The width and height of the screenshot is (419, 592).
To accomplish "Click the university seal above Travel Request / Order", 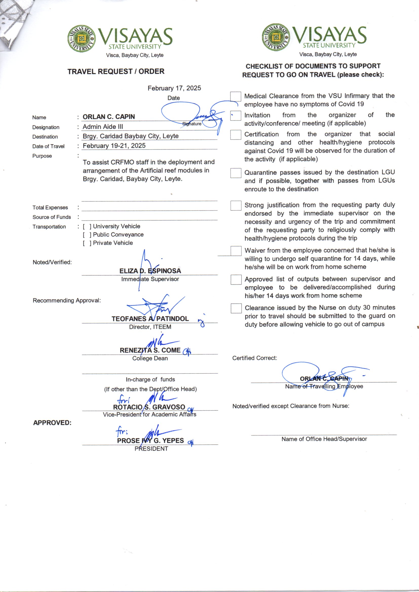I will click(x=81, y=38).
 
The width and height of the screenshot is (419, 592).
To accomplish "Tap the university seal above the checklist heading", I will click(x=276, y=37).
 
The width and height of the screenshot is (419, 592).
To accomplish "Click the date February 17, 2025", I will click(x=174, y=88).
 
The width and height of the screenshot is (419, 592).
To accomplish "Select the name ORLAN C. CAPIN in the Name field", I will click(x=109, y=117).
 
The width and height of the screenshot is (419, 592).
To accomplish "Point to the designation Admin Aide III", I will click(x=103, y=127).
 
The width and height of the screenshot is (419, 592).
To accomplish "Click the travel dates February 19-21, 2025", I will click(x=114, y=146).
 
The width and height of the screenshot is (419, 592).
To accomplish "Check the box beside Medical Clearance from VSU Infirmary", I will click(x=236, y=97).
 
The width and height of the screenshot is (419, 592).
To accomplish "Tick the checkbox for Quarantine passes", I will click(x=236, y=173).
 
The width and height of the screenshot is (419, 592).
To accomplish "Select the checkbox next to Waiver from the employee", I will click(x=236, y=251).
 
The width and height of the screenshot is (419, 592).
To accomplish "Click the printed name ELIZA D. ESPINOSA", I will click(x=150, y=271).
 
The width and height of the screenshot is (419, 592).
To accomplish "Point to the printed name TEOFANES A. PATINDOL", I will click(x=150, y=319).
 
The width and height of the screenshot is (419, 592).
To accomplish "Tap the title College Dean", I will click(x=150, y=358).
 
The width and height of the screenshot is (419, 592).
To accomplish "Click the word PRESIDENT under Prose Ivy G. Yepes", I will click(x=151, y=449).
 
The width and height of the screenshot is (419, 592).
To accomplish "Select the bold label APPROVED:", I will click(x=52, y=423).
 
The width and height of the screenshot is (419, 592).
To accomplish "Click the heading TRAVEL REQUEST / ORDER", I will click(x=116, y=71).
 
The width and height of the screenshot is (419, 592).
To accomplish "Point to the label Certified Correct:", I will click(x=254, y=358).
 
